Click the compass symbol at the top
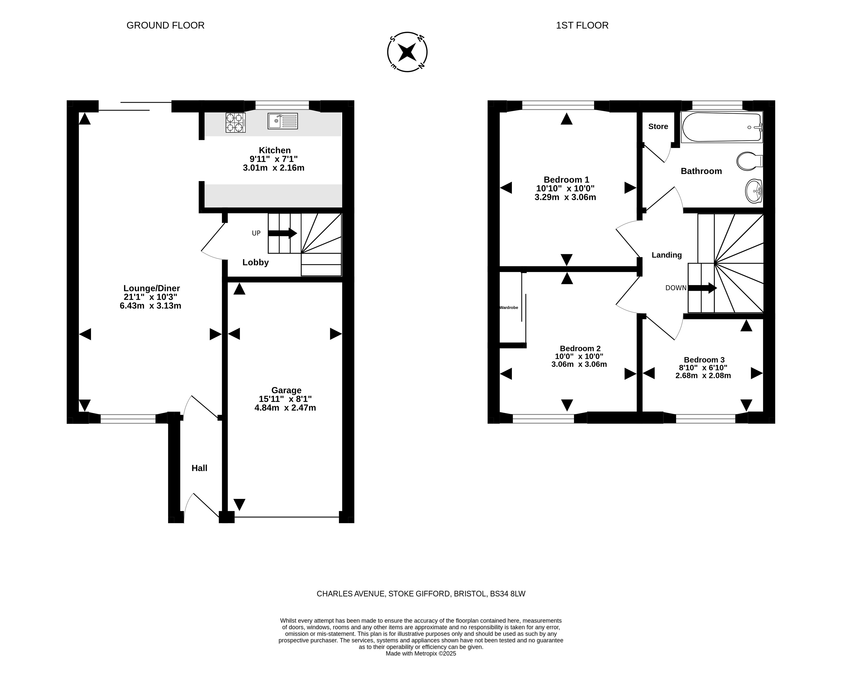point(407,52)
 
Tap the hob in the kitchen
point(235,122)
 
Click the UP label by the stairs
point(256,233)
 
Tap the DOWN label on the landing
point(676,288)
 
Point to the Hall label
point(200,468)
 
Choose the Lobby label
point(256,262)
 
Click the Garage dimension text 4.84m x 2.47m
point(285,408)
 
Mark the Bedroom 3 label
point(704,360)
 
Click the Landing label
point(667,255)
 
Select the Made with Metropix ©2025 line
point(421,654)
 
